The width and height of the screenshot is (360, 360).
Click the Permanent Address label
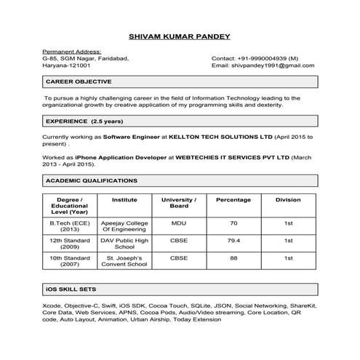[x=71, y=51]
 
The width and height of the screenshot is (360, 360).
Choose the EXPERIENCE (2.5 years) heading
[x=84, y=120]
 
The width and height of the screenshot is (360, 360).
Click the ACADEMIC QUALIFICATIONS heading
[x=91, y=180]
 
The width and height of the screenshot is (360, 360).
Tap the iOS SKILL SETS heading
[x=71, y=290]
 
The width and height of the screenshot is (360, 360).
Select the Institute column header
[x=124, y=199]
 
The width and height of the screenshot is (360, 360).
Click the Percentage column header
[x=233, y=199]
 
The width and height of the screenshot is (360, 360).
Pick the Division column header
[x=288, y=199]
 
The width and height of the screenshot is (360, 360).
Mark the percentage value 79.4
[x=233, y=239]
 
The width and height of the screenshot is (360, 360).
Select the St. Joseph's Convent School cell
[x=124, y=261]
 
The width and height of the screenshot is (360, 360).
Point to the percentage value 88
[x=233, y=257]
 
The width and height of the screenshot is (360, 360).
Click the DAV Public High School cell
[x=124, y=243]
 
